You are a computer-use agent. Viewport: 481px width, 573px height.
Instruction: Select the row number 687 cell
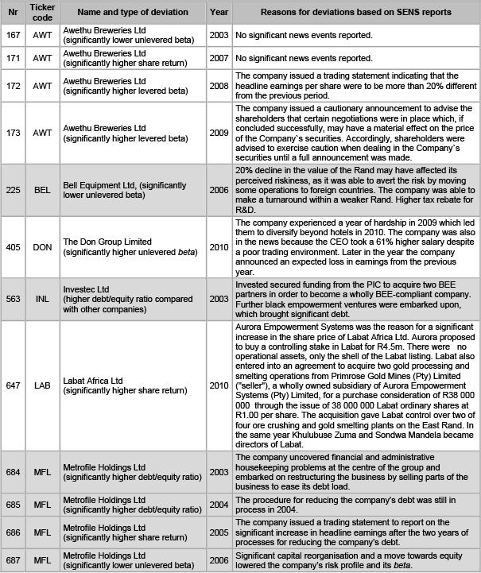pyautogui.click(x=14, y=559)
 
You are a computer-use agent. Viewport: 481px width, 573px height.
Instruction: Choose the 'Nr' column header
pyautogui.click(x=14, y=14)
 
